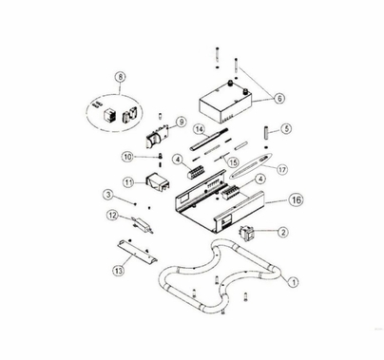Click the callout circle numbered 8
pos(120,77)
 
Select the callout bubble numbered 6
pos(279,99)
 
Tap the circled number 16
pos(297,199)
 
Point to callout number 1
pos(293,281)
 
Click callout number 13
pos(118,271)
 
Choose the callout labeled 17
pos(282,169)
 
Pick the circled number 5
pos(286,128)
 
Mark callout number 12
pos(112,216)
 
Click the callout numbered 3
pos(108,195)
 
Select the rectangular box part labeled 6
pos(225,103)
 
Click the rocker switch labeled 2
pos(247,234)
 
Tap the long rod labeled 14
pos(209,140)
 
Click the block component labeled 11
pos(158,182)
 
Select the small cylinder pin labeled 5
pos(266,132)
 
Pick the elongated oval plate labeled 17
pos(251,166)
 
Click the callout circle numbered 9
pos(181,123)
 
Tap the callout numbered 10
pos(127,157)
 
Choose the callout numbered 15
pos(233,162)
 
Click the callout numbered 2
pos(283,232)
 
